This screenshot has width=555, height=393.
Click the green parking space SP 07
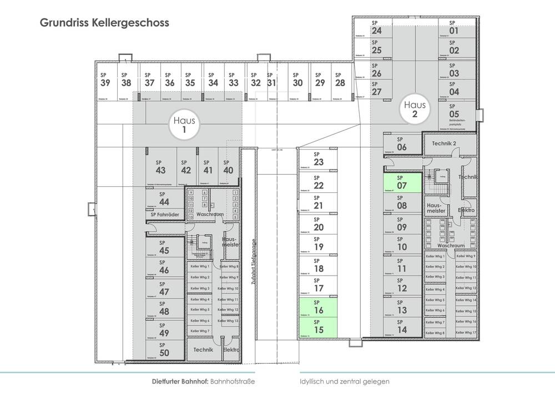pyautogui.click(x=402, y=183)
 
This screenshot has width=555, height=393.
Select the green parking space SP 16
pyautogui.click(x=318, y=307)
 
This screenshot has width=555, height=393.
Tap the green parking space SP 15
pyautogui.click(x=318, y=327)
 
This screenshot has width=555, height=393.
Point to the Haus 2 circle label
pyautogui.click(x=415, y=109)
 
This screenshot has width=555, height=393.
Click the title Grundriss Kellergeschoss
pyautogui.click(x=104, y=24)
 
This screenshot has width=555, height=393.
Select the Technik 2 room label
pyautogui.click(x=443, y=144)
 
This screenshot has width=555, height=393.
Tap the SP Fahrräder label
pyautogui.click(x=165, y=214)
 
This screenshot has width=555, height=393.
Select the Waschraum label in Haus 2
pyautogui.click(x=450, y=245)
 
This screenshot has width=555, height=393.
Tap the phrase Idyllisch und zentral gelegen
pyautogui.click(x=344, y=382)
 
